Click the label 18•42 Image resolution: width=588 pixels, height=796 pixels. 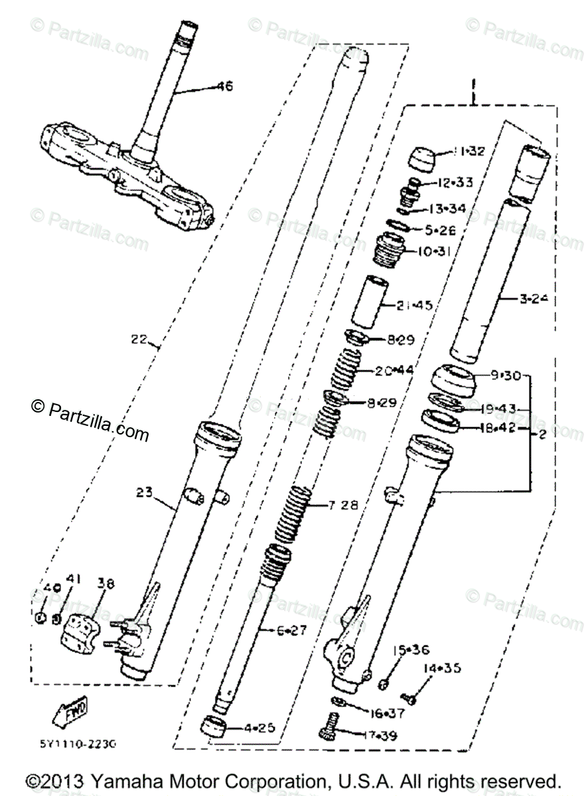[x=498, y=429]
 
